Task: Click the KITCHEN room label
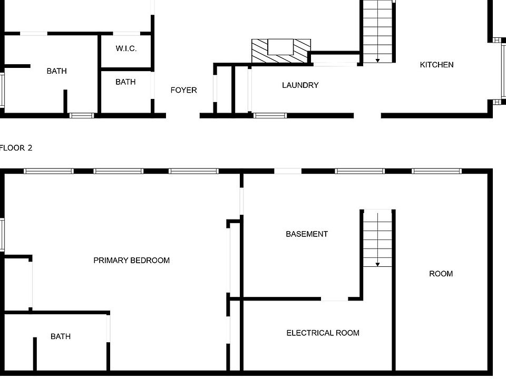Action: click(436, 65)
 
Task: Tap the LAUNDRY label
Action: click(300, 85)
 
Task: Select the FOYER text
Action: click(183, 90)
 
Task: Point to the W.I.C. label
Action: click(126, 48)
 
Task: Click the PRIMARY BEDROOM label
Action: click(131, 260)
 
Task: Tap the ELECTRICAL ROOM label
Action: click(323, 333)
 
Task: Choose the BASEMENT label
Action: click(307, 234)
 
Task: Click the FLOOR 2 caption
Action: click(16, 148)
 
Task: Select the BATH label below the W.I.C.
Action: click(125, 82)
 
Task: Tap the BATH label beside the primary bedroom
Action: click(61, 336)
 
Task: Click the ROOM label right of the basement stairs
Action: click(441, 274)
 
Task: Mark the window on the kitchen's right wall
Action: click(503, 71)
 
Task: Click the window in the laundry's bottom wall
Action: click(270, 115)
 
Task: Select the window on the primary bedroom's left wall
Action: click(2, 235)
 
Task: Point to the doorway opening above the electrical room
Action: click(334, 300)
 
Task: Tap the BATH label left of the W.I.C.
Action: click(56, 71)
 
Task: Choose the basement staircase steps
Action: click(378, 237)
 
